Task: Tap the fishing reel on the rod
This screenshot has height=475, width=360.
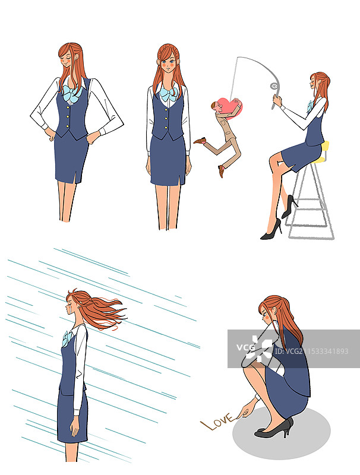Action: click(274, 85)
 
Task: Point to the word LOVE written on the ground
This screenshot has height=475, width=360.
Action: click(217, 421)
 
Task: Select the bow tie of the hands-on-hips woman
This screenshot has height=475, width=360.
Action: click(72, 93)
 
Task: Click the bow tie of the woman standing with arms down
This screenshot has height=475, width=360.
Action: click(169, 94)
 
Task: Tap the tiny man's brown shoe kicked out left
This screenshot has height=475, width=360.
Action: click(200, 141)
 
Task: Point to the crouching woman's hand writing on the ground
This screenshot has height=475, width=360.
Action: click(245, 411)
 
